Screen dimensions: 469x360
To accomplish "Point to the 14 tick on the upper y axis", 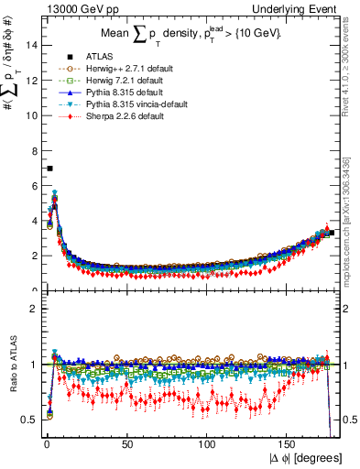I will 30,46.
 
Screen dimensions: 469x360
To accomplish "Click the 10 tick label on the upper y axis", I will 30,115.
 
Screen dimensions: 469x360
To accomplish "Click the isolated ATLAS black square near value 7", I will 49,169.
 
